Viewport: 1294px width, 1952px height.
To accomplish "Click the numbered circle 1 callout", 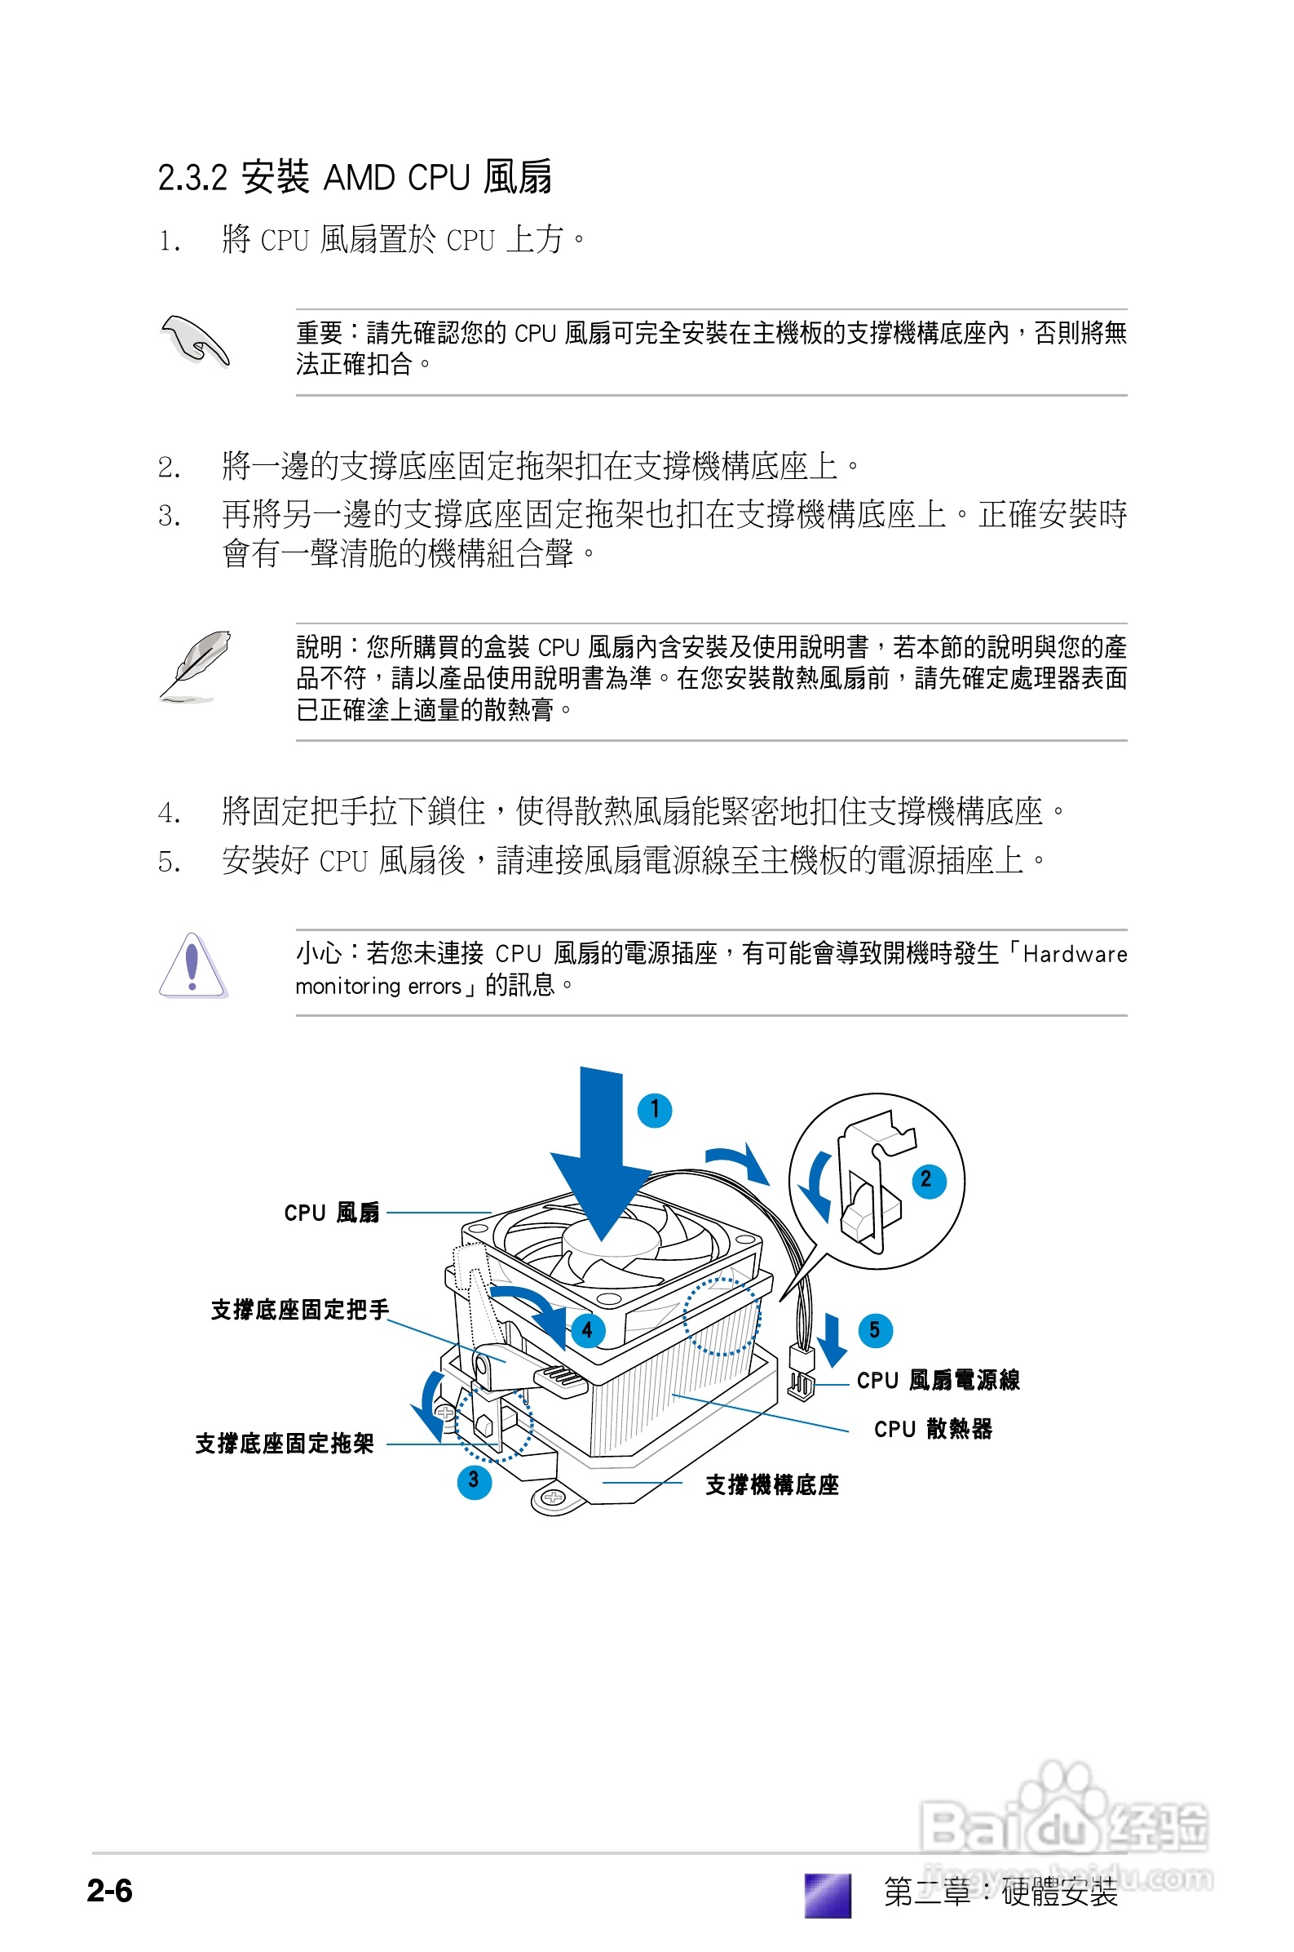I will (655, 1109).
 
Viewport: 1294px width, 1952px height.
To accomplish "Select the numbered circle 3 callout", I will (474, 1480).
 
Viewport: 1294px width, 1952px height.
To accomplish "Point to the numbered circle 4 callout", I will (588, 1329).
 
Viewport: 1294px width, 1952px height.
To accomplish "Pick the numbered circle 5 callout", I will (875, 1329).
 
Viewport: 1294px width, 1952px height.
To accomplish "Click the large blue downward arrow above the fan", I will (602, 1156).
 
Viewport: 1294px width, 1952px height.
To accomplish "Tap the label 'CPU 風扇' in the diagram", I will (332, 1212).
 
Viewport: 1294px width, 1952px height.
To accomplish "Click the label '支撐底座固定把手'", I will (299, 1310).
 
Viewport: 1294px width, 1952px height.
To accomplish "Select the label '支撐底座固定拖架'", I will (285, 1444).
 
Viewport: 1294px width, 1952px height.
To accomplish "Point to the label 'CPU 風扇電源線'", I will (938, 1380).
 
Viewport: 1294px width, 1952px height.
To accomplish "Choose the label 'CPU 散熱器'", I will (933, 1428).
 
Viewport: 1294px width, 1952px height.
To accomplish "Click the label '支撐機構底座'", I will (771, 1484).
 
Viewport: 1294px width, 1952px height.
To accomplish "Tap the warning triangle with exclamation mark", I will (192, 966).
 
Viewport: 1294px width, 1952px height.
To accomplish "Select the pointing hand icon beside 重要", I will (195, 341).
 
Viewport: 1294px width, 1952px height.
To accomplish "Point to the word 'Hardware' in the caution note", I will (1075, 955).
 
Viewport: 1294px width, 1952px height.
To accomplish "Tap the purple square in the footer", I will (828, 1894).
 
